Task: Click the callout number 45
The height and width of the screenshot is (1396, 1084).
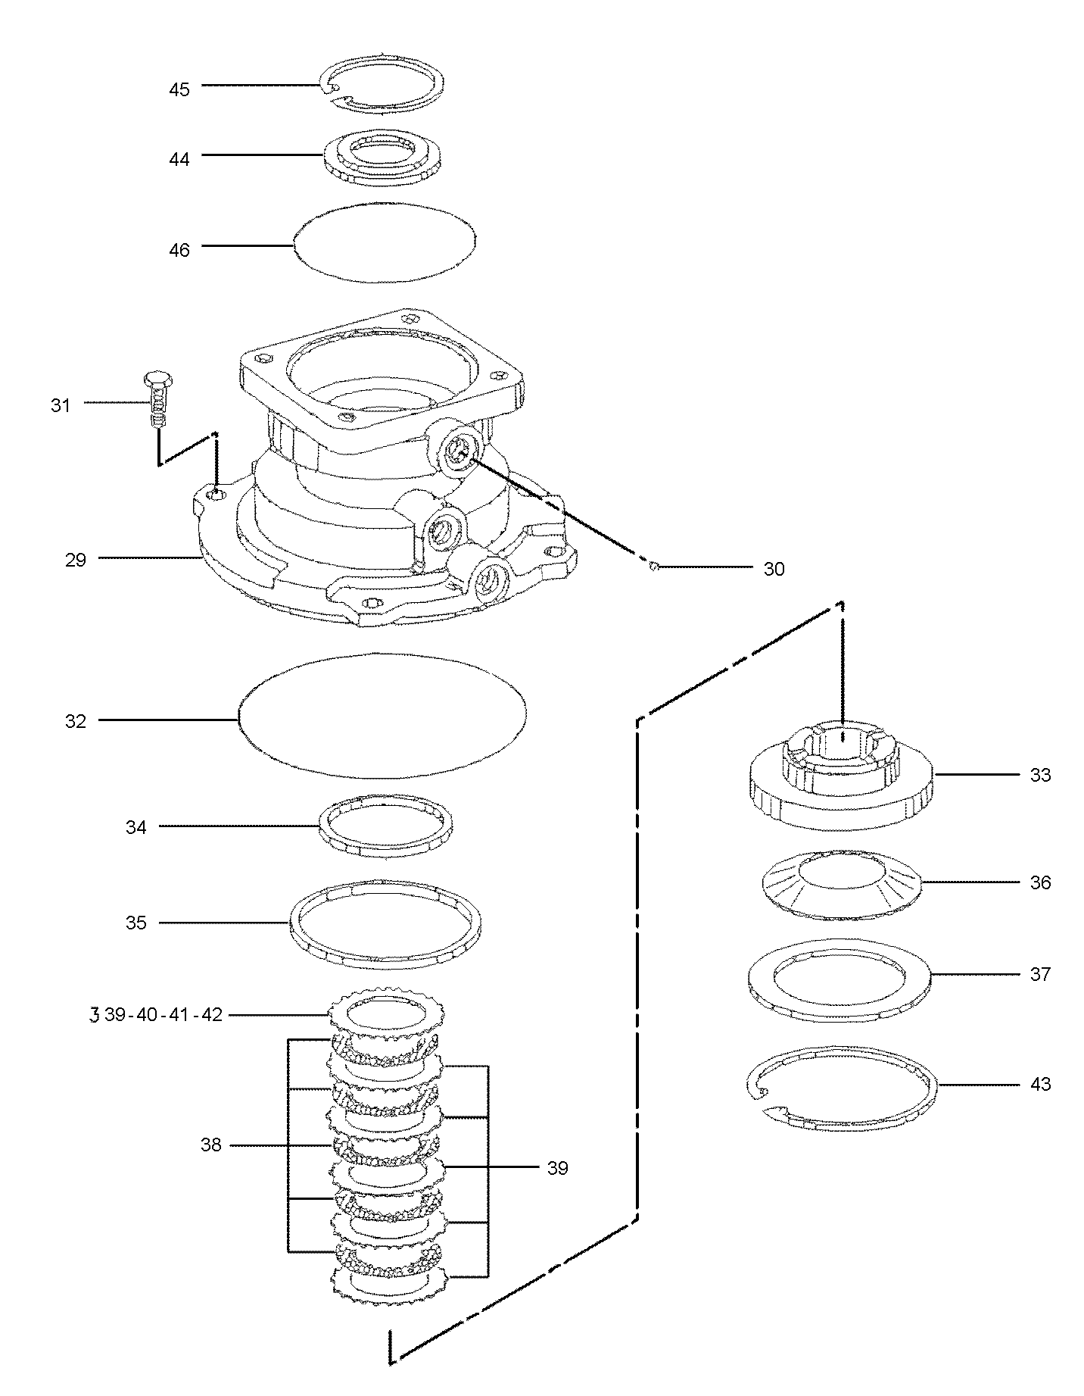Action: tap(179, 89)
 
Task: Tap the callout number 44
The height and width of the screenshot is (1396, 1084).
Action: tap(179, 159)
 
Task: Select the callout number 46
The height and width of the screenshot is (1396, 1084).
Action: tap(179, 250)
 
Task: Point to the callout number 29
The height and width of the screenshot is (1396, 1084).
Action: tap(76, 561)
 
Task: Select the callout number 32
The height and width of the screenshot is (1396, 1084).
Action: tap(76, 721)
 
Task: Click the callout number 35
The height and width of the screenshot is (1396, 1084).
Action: tap(136, 923)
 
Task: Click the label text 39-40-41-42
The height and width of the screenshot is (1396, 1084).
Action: tap(163, 1015)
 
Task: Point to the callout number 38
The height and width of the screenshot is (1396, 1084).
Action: tap(211, 1145)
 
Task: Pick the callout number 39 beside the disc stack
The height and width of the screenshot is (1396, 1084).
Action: tap(557, 1168)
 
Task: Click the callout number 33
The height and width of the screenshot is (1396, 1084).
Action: tap(1041, 776)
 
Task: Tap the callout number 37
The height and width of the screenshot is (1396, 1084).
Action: tap(1041, 974)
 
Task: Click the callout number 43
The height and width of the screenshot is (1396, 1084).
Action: tap(1041, 1085)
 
